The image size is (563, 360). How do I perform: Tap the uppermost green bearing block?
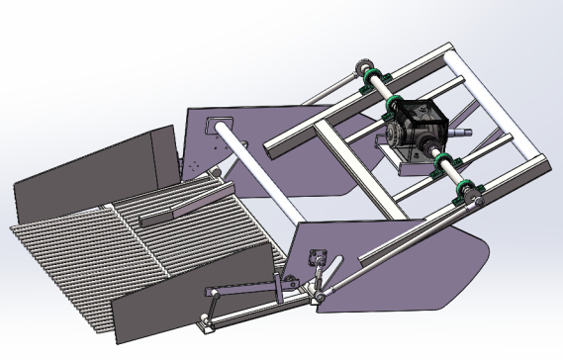373,80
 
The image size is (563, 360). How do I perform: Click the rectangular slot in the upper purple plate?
212,126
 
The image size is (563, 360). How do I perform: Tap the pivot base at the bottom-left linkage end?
203,323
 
